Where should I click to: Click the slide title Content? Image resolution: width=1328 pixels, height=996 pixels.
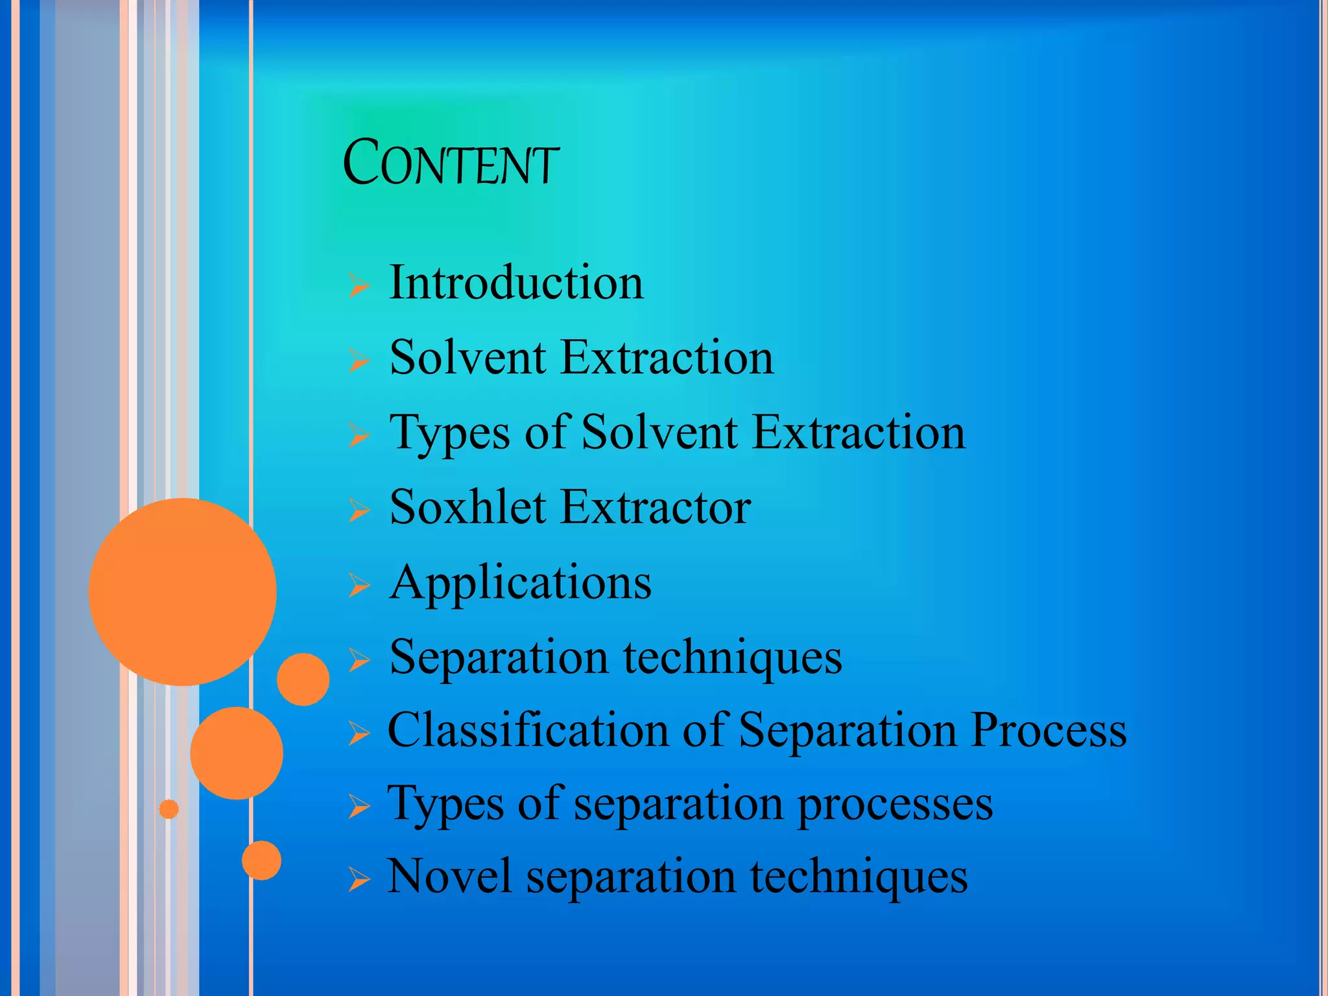coord(450,163)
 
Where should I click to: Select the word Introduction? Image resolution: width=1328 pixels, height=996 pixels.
coord(516,283)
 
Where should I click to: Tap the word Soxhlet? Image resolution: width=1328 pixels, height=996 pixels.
coord(468,507)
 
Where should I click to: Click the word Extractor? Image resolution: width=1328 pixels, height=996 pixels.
coord(656,507)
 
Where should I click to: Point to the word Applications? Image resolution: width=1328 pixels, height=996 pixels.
coord(520,583)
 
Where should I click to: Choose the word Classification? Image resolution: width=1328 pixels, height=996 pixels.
coord(528,730)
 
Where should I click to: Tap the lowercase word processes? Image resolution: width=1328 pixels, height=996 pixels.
coord(894,805)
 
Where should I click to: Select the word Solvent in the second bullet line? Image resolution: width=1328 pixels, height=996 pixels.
coord(468,357)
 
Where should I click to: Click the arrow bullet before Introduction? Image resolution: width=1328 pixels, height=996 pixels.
coord(359,285)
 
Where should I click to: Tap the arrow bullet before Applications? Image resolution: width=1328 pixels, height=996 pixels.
coord(359,585)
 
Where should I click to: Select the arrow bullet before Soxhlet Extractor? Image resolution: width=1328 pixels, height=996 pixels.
coord(359,510)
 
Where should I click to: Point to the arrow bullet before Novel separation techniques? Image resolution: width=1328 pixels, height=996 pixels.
coord(359,880)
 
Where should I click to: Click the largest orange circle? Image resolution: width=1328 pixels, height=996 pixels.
coord(182,591)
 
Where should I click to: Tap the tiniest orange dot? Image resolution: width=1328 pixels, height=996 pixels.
coord(169,809)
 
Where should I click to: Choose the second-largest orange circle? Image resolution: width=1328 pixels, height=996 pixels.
coord(237,753)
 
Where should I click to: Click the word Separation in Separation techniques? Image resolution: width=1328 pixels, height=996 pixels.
coord(499,657)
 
